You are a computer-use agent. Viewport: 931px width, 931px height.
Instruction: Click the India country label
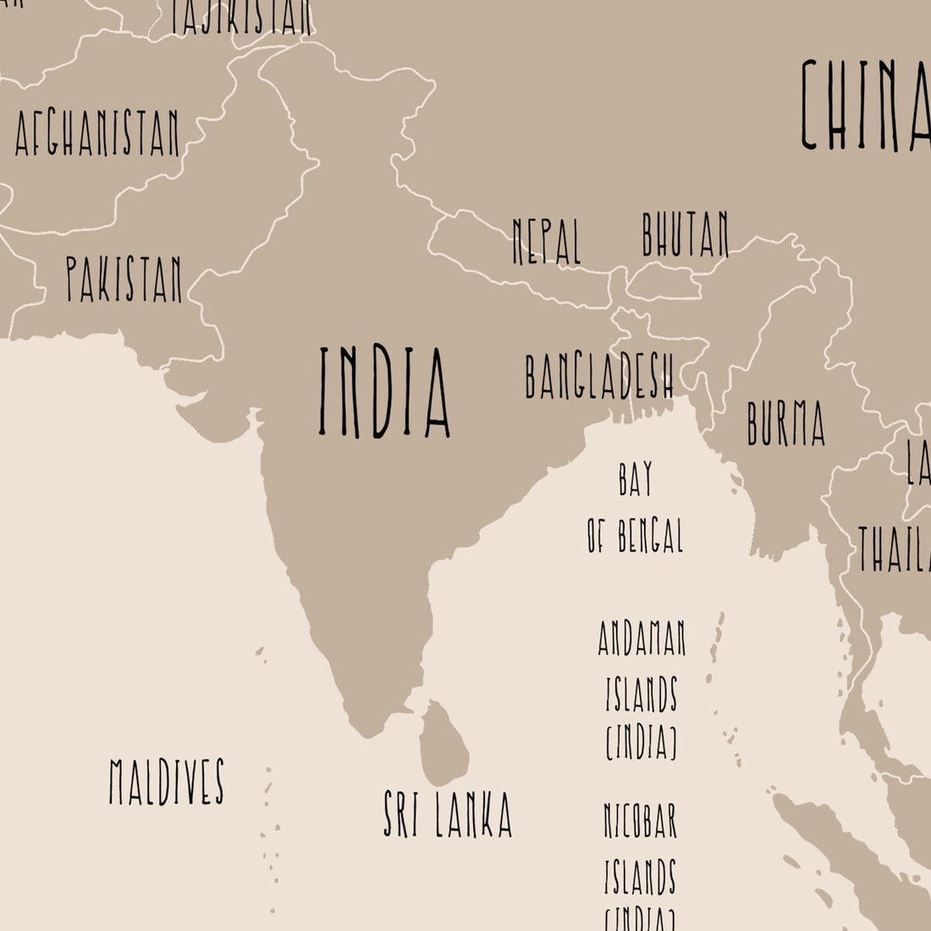point(384,393)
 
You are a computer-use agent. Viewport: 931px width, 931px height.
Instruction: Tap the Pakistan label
point(124,280)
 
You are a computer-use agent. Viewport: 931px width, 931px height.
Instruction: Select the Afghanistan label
point(97,134)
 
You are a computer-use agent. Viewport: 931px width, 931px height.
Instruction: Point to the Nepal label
point(547,241)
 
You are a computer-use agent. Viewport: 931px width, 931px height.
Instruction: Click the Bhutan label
point(685,234)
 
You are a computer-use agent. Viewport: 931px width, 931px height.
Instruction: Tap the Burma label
point(785,423)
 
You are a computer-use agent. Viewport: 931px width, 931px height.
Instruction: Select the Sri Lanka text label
point(448,814)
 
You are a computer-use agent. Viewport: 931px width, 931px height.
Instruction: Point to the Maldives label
point(167,781)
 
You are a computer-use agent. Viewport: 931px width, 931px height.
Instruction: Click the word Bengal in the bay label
point(648,535)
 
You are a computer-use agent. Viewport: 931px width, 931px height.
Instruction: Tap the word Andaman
point(642,639)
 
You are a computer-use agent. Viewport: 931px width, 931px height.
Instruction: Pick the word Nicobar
point(641,820)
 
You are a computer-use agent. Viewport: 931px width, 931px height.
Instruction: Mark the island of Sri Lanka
point(444,743)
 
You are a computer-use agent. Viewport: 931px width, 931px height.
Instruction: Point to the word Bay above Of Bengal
point(636,480)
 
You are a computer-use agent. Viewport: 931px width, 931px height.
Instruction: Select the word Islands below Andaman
point(641,694)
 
